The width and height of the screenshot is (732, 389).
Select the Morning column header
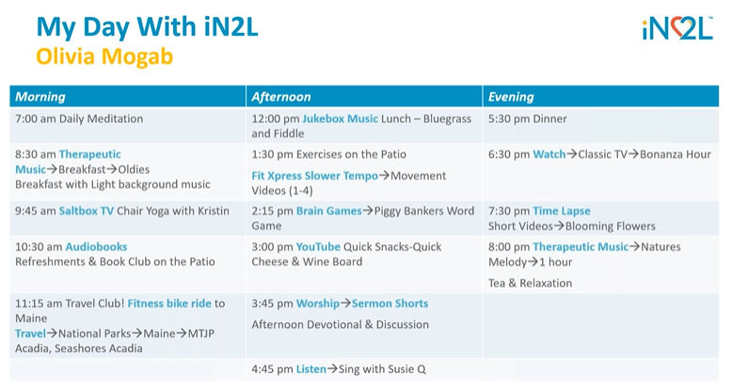(x=40, y=97)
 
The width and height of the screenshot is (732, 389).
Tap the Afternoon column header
(x=281, y=97)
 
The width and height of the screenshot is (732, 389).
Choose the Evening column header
(x=511, y=97)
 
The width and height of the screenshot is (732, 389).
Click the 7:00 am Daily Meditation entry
(x=79, y=119)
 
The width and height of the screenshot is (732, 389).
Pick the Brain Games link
(x=328, y=211)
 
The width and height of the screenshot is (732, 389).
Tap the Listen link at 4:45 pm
(x=311, y=369)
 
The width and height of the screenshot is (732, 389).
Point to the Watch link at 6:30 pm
(x=549, y=154)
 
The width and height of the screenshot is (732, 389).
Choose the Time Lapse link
(x=562, y=211)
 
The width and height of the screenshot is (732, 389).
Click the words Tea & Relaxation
(x=530, y=283)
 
